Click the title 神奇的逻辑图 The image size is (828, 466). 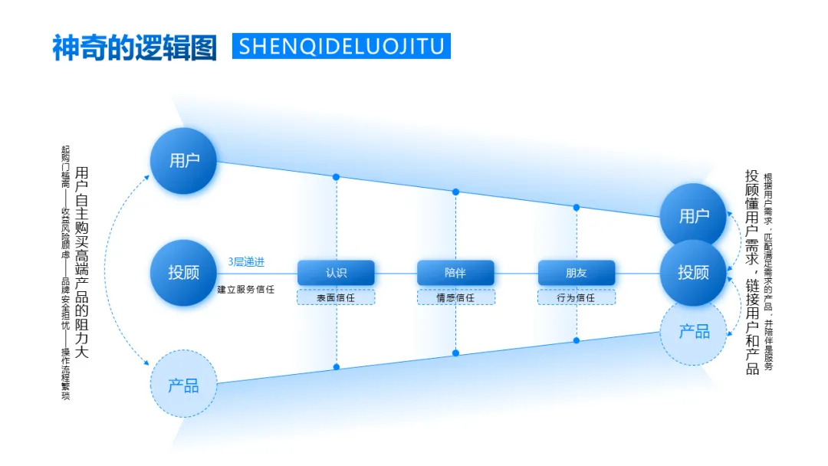135,47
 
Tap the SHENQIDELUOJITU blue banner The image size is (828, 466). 341,46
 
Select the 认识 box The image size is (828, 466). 336,273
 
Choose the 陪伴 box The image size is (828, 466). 455,273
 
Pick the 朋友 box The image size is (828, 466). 576,273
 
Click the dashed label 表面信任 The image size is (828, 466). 336,297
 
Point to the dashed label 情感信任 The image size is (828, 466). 455,297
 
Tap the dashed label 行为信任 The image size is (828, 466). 576,297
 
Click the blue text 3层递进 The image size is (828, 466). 246,262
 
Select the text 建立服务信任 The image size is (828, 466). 245,289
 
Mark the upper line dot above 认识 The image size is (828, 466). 336,177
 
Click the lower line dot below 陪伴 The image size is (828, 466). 455,353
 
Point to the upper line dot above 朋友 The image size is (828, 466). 576,207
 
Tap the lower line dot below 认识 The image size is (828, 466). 336,367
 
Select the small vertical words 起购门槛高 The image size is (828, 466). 66,167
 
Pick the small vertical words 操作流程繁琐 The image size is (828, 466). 66,374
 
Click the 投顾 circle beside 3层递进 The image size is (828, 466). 183,273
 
